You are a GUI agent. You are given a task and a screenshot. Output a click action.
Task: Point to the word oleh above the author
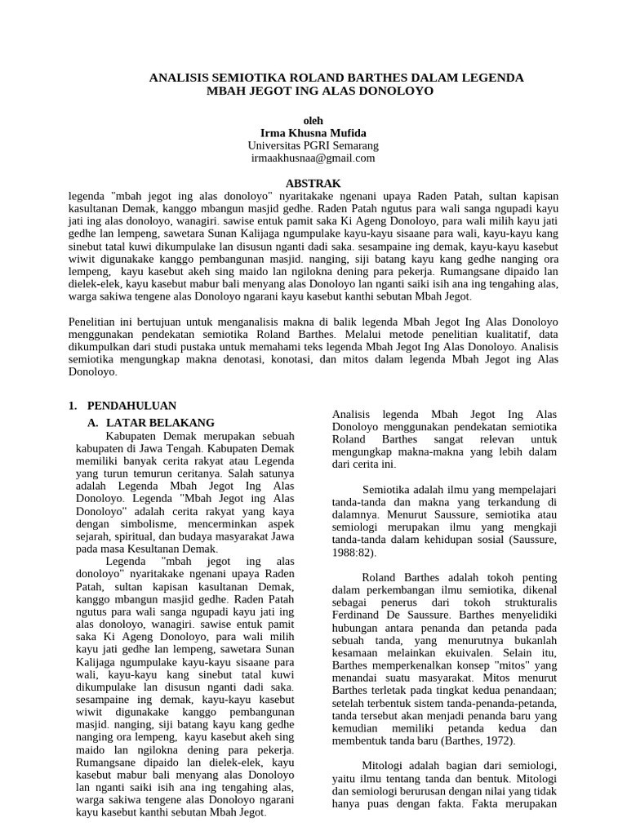tap(313, 119)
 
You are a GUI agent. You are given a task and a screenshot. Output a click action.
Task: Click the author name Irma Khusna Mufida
tap(313, 132)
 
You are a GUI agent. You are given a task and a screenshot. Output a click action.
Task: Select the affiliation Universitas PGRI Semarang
tap(313, 145)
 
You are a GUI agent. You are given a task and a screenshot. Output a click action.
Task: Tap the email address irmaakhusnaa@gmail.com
tap(313, 158)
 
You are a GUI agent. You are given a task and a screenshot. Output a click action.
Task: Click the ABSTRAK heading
tap(313, 184)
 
